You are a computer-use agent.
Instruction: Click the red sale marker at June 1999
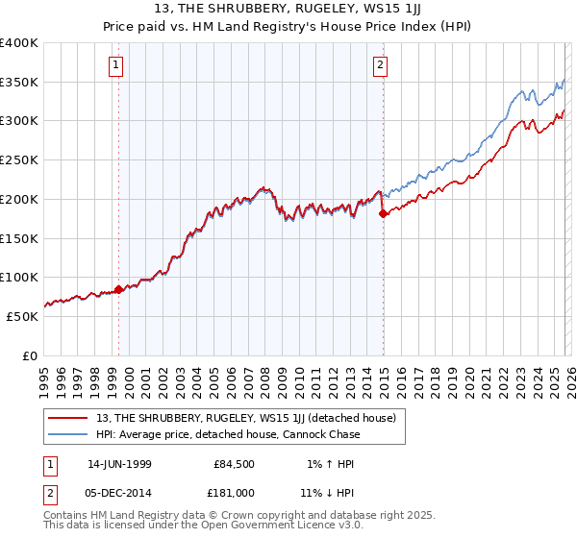pyautogui.click(x=118, y=289)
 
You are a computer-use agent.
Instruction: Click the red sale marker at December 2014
pyautogui.click(x=383, y=214)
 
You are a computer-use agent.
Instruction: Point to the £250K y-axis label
pyautogui.click(x=19, y=160)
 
